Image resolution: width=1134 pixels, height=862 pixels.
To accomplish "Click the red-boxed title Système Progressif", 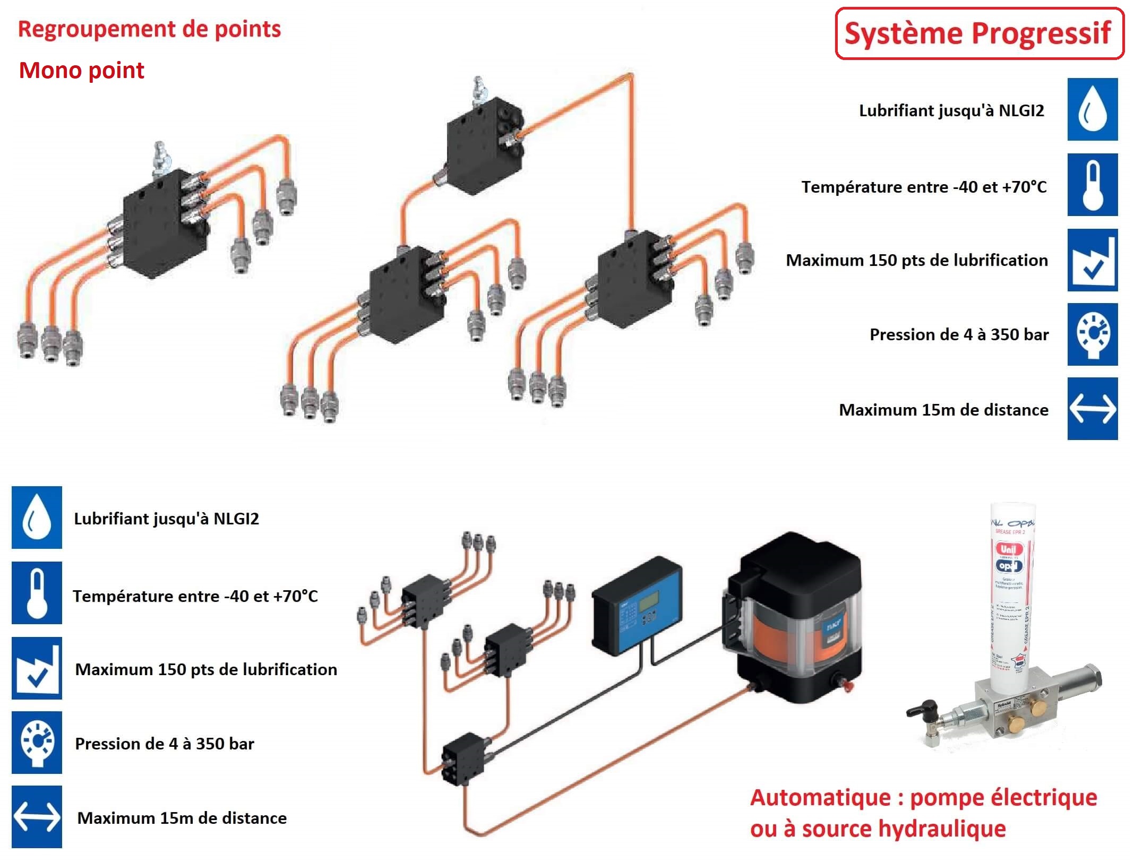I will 979,33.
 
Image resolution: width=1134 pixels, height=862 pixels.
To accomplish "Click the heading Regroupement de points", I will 149,29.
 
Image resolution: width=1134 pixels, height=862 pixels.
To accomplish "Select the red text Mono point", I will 81,71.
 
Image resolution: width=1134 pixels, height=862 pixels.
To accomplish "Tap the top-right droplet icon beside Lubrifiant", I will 1092,109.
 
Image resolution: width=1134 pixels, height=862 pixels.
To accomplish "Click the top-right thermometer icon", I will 1092,185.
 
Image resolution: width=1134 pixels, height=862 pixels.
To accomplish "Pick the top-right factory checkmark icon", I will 1092,260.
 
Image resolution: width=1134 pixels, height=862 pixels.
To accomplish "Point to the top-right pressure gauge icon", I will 1092,334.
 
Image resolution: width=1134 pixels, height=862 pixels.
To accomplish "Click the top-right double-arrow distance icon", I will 1092,409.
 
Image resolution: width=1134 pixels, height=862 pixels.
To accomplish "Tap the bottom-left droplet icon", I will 37,518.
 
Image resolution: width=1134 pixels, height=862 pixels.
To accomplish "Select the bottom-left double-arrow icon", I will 37,816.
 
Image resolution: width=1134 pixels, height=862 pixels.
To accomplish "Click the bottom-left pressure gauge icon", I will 37,742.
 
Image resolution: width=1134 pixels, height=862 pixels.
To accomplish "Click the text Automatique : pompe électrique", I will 923,798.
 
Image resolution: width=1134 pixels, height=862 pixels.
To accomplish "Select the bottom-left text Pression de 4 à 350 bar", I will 165,744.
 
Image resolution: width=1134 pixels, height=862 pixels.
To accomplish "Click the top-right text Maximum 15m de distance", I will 943,410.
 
